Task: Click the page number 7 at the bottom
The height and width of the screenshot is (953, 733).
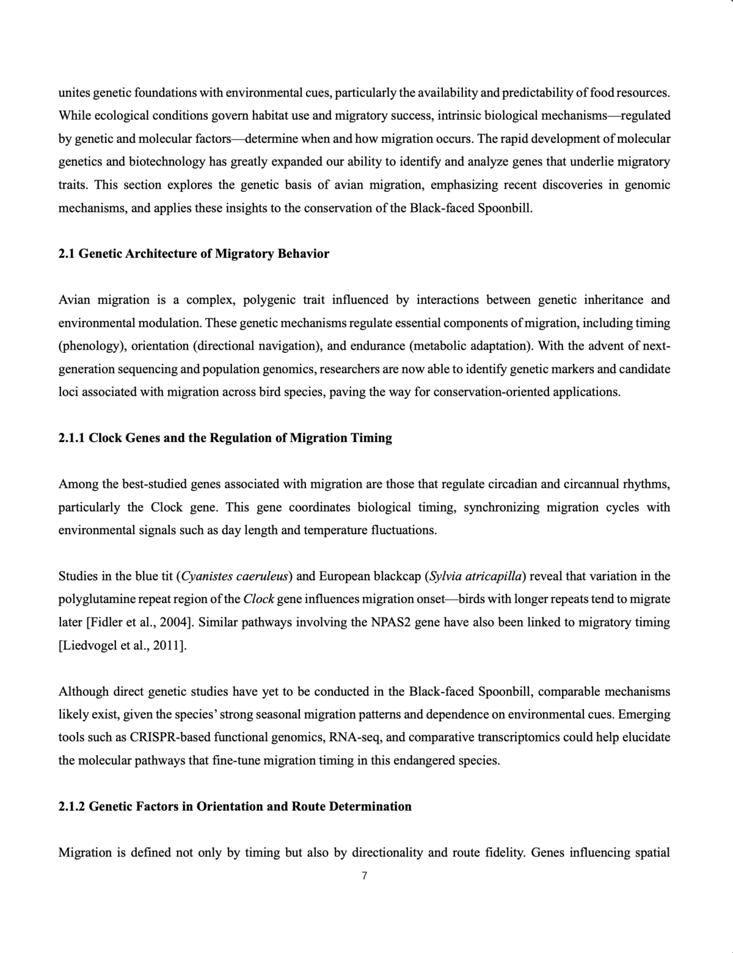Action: [364, 876]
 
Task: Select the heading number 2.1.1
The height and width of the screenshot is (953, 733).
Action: [72, 438]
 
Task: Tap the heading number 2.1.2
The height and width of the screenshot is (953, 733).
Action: [72, 806]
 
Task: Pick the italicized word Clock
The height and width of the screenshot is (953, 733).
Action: [258, 599]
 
